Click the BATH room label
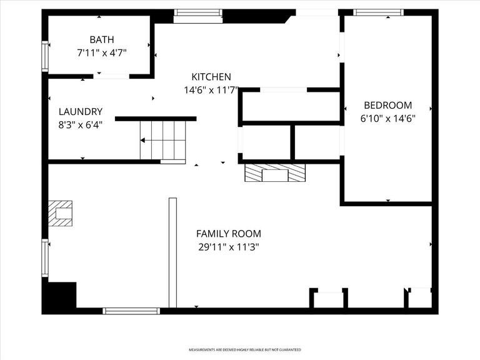point(102,39)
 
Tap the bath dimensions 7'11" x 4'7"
point(102,53)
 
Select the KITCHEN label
point(207,76)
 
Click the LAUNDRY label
point(80,111)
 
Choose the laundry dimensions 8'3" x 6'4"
point(80,124)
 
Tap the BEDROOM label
point(387,105)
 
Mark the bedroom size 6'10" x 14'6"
point(387,118)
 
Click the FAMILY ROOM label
point(228,233)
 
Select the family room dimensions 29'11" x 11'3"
point(228,247)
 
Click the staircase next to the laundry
point(163,141)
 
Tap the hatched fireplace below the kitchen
point(275,173)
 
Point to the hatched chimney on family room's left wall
point(61,212)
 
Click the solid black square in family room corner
point(59,297)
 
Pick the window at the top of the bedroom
point(378,12)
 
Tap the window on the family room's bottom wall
point(131,311)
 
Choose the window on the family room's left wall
point(45,257)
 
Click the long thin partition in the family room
point(172,252)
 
